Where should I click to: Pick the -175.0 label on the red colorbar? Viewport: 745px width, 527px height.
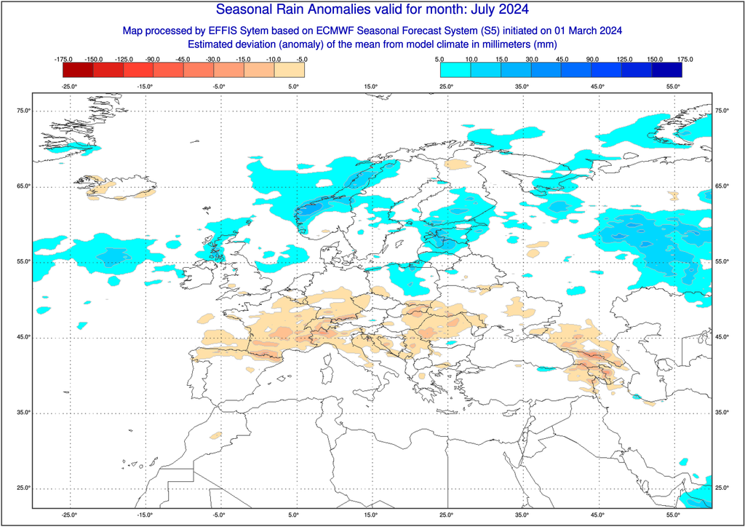pyautogui.click(x=64, y=58)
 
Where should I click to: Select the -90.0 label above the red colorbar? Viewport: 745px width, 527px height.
pyautogui.click(x=154, y=58)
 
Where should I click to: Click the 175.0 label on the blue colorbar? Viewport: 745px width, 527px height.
pyautogui.click(x=683, y=58)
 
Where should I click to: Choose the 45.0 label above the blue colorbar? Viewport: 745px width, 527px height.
pyautogui.click(x=562, y=58)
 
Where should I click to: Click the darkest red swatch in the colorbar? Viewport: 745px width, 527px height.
pyautogui.click(x=79, y=70)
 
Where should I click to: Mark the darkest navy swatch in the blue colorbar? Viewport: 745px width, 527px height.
pyautogui.click(x=667, y=70)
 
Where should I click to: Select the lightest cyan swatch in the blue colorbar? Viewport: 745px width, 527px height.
pyautogui.click(x=455, y=70)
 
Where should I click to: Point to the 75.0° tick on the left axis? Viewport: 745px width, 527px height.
pyautogui.click(x=23, y=111)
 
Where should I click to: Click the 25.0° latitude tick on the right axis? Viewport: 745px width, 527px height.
pyautogui.click(x=721, y=488)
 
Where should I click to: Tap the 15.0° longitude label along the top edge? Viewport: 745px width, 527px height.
pyautogui.click(x=371, y=87)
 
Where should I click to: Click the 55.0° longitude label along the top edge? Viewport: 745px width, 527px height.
pyautogui.click(x=674, y=87)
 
